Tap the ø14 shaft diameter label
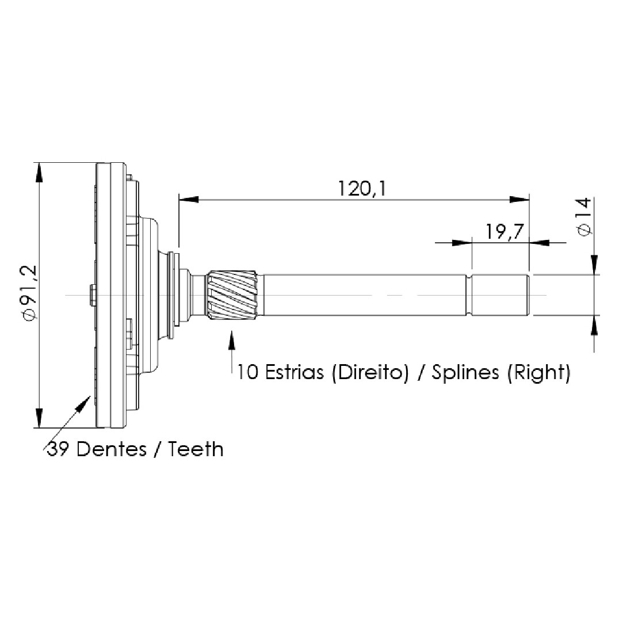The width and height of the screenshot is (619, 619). tap(584, 217)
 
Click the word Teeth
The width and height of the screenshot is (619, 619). tap(196, 449)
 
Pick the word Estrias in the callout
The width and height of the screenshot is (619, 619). tap(294, 372)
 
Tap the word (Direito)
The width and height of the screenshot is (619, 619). tap(370, 372)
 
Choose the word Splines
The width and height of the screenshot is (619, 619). tap(465, 372)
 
